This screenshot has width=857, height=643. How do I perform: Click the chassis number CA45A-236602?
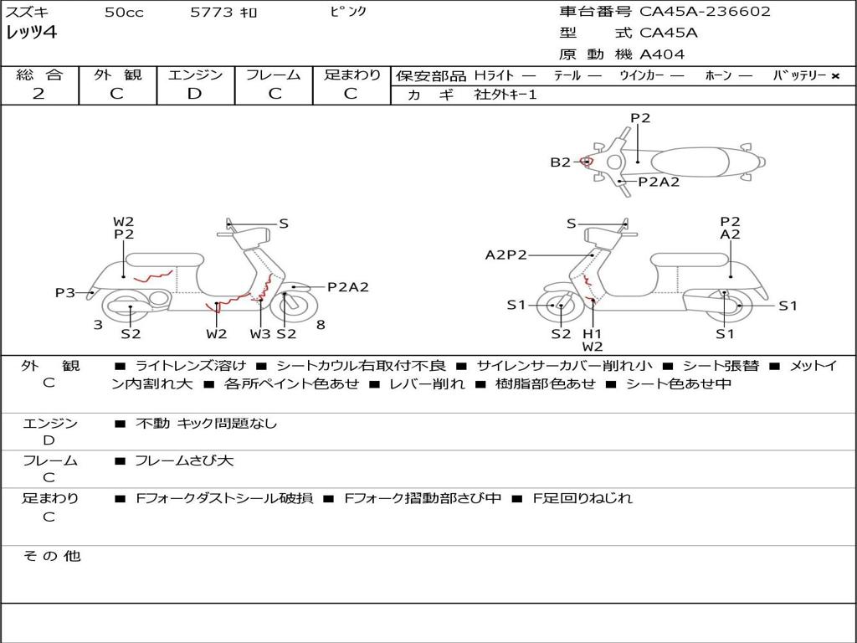point(705,12)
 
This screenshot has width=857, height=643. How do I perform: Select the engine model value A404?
point(662,54)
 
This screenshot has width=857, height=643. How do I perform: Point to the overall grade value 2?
point(38,94)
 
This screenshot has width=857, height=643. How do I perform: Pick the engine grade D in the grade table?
point(194,94)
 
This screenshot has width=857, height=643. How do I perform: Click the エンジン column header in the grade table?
point(195,75)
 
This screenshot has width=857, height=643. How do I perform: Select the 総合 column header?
point(39,75)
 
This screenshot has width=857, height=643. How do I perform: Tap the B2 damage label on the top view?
point(560,162)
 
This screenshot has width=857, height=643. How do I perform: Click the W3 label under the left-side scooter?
point(260,334)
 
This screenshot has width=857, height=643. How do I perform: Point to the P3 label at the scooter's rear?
point(65,293)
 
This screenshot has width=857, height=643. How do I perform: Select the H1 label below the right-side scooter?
point(593,333)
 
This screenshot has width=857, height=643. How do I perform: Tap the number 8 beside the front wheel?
point(321,325)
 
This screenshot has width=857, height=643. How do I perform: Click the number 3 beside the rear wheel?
point(98,325)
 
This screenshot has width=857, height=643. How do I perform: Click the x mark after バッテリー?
point(834,76)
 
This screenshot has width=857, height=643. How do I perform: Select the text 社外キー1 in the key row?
point(505,95)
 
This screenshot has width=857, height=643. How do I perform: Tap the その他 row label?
point(52,556)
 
